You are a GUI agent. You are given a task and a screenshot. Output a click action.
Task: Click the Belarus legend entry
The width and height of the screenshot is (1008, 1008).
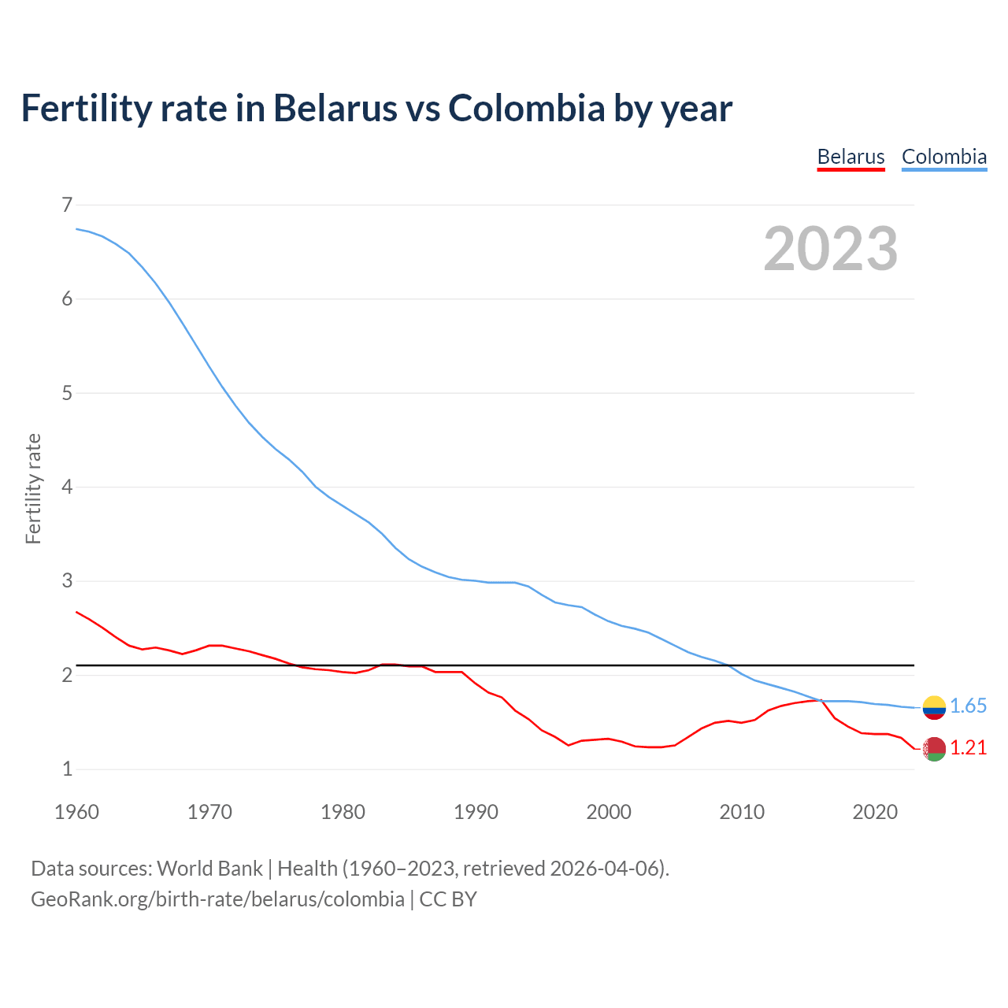coord(850,157)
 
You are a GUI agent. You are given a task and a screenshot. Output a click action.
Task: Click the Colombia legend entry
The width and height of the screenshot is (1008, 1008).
coord(943,157)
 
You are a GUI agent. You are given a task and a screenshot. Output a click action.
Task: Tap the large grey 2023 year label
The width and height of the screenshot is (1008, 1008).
coord(830,249)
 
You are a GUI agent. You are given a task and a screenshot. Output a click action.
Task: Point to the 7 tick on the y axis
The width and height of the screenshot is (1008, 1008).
coord(67,206)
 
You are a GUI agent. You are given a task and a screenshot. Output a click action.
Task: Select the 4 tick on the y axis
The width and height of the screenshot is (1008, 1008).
coord(67,487)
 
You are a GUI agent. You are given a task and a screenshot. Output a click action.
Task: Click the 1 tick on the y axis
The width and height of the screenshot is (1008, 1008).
coord(67,769)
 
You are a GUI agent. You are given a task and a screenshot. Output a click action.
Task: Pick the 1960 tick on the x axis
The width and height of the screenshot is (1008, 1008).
coord(76,812)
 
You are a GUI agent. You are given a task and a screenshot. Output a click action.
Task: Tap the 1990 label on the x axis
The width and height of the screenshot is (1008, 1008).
coord(476,812)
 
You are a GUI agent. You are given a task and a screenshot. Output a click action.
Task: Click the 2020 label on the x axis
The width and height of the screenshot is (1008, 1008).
coord(875,812)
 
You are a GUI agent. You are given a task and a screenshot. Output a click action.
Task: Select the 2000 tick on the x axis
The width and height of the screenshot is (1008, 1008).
coord(609,812)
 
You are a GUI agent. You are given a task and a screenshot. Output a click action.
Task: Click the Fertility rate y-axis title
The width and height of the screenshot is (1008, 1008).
coord(33,488)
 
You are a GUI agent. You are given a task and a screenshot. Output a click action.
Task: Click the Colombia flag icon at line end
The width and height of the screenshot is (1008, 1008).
coord(934,707)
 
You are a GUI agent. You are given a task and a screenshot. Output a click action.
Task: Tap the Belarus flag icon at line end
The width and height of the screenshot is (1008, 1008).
coord(934,749)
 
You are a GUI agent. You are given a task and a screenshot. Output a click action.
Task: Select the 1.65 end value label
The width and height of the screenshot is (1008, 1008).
coord(968,706)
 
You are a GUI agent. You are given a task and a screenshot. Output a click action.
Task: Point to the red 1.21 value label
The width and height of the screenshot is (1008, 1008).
coord(968,748)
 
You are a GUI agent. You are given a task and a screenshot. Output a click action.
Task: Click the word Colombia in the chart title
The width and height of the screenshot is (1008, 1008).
coord(526,108)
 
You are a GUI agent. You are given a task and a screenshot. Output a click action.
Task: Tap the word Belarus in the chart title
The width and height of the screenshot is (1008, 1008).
coord(335,108)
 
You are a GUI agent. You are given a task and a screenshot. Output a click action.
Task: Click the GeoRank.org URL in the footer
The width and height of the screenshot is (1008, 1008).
coord(217,899)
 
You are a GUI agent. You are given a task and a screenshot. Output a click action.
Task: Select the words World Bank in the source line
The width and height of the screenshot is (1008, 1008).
coord(209,869)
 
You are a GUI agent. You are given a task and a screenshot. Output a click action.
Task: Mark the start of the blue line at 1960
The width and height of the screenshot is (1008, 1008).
coord(76,229)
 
